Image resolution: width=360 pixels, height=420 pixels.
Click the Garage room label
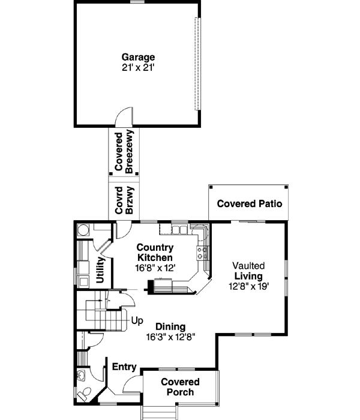pos(139,58)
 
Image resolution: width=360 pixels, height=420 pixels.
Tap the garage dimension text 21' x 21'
pos(139,68)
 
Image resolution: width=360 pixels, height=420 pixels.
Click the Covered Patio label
pos(249,204)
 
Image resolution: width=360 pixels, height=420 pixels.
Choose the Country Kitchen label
pos(155,252)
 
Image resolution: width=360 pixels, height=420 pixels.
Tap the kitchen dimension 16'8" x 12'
pos(155,269)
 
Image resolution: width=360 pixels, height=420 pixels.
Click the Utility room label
pos(100,271)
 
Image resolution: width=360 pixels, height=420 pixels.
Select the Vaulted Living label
pos(248,270)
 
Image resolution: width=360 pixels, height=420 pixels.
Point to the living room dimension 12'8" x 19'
pos(248,286)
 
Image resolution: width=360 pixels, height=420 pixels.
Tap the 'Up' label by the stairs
pos(137,320)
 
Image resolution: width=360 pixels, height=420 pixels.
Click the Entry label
pos(124,367)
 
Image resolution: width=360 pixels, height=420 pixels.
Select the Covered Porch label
pos(180,387)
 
